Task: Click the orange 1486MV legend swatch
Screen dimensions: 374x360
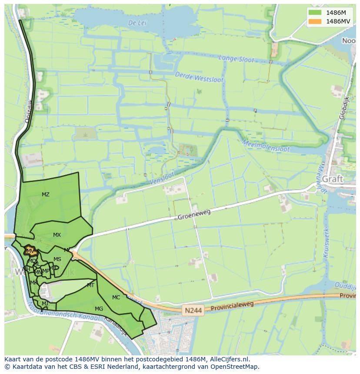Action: pyautogui.click(x=315, y=21)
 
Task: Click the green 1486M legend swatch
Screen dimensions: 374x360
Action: pyautogui.click(x=315, y=13)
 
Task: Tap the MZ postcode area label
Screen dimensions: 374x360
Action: pyautogui.click(x=46, y=195)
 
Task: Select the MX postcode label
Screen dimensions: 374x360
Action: pyautogui.click(x=57, y=235)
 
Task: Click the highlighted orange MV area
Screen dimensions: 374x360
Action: pyautogui.click(x=30, y=251)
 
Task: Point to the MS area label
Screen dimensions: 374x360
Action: pyautogui.click(x=57, y=259)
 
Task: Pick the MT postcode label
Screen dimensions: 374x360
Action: pyautogui.click(x=90, y=285)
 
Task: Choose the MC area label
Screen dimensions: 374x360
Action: pyautogui.click(x=116, y=298)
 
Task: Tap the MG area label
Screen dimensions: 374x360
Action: pyautogui.click(x=99, y=309)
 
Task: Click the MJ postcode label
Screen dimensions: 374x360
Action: pyautogui.click(x=45, y=304)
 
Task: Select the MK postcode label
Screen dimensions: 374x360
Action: pyautogui.click(x=33, y=283)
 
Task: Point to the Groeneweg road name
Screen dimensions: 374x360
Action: pyautogui.click(x=194, y=214)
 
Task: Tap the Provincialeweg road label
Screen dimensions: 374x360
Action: pyautogui.click(x=232, y=306)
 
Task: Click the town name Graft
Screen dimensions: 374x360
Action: pyautogui.click(x=333, y=179)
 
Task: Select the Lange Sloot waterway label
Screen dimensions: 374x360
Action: pyautogui.click(x=236, y=59)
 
